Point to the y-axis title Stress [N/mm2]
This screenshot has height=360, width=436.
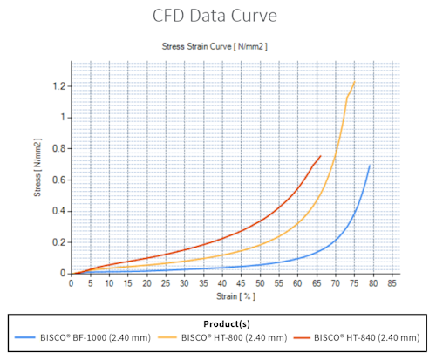click(x=38, y=169)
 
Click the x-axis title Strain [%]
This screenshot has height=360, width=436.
click(x=230, y=295)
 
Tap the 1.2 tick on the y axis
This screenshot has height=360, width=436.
click(x=58, y=86)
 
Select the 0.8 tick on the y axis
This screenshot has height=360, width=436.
click(x=58, y=149)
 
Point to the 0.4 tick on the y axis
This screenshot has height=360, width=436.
click(x=58, y=211)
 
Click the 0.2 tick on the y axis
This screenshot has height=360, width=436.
click(x=58, y=242)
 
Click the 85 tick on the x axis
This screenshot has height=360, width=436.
click(x=392, y=283)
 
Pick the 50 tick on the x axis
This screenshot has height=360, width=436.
click(x=261, y=283)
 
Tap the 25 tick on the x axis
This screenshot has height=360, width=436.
click(x=167, y=283)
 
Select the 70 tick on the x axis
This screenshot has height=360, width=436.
click(x=336, y=283)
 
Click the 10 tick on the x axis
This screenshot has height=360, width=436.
click(x=110, y=283)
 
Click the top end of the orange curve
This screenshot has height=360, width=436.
click(x=354, y=83)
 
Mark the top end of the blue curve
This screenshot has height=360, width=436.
click(x=370, y=166)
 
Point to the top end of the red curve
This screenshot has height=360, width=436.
click(x=320, y=156)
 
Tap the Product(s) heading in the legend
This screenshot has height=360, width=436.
click(x=218, y=321)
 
